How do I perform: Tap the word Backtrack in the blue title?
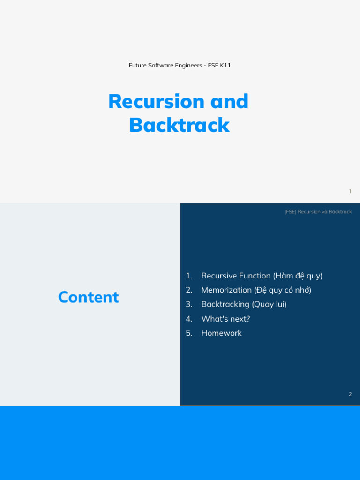(179, 125)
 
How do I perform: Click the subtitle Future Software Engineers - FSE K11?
(180, 65)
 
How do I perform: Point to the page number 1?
(350, 191)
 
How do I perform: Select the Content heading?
(88, 297)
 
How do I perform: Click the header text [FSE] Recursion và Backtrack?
(318, 212)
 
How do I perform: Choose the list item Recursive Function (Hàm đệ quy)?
(262, 276)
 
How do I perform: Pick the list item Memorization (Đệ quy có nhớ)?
(256, 290)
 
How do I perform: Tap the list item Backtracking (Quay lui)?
(244, 304)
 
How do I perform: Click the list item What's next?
(225, 319)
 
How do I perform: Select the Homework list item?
(221, 333)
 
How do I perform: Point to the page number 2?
(350, 394)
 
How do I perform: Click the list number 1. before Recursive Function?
(189, 276)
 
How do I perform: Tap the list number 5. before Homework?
(189, 333)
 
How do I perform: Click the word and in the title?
(229, 101)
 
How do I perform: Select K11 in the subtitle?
(225, 65)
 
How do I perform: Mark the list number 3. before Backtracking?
(189, 304)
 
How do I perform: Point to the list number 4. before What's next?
(189, 319)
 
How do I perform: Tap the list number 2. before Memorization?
(189, 290)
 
